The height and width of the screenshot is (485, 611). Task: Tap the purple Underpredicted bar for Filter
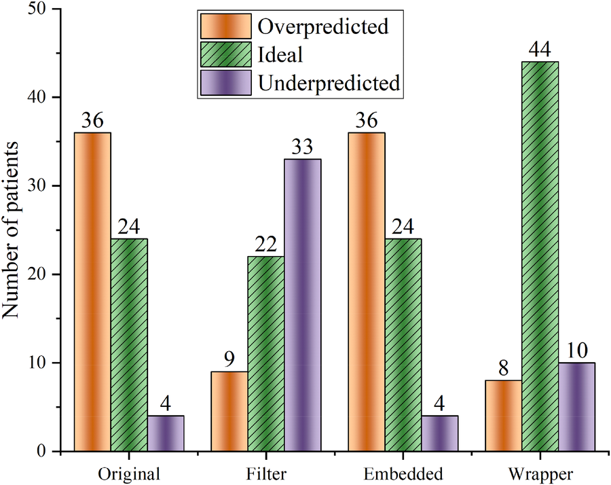303,305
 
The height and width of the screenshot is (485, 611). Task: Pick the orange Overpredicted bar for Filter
229,411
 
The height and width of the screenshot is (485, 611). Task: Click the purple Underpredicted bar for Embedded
440,433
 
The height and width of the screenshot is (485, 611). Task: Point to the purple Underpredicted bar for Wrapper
577,407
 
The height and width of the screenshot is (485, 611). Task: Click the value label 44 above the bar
540,50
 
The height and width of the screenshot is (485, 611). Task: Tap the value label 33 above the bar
303,147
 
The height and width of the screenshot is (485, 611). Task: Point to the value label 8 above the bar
504,369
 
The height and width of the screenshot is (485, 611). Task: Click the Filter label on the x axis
266,473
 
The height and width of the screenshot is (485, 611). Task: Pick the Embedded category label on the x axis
403,473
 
